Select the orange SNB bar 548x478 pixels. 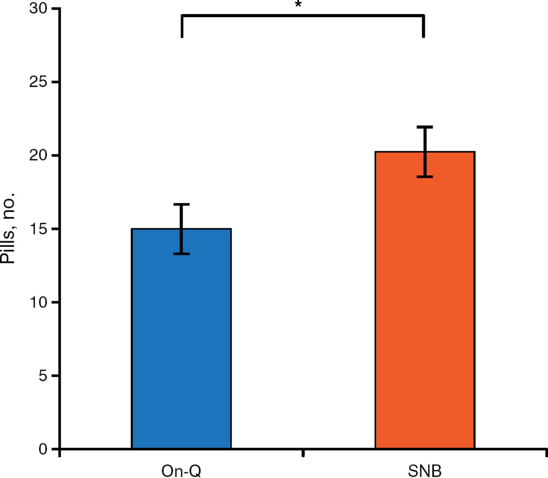point(425,300)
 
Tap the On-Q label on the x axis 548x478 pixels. point(181,471)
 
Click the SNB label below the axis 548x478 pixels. point(424,471)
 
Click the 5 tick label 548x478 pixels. point(42,375)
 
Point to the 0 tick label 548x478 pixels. point(42,449)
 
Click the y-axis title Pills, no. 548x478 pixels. point(8,229)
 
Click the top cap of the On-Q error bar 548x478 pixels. point(182,205)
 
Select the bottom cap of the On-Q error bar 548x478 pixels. point(182,254)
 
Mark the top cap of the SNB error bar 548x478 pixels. point(425,127)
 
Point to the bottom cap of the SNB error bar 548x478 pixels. point(425,176)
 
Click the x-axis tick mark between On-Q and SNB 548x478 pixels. point(303,453)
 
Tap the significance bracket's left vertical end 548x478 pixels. point(182,27)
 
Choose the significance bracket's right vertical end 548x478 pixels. point(423,27)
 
